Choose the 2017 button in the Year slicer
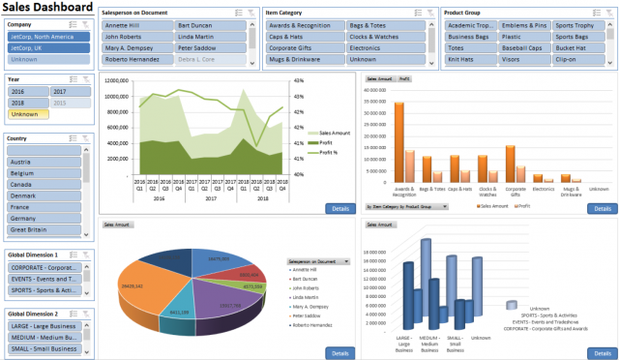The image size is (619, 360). click(67, 91)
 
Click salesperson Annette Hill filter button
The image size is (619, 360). click(135, 25)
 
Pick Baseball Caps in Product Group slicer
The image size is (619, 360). click(521, 46)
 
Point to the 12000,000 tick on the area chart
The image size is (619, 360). click(116, 81)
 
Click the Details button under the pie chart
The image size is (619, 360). click(340, 353)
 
